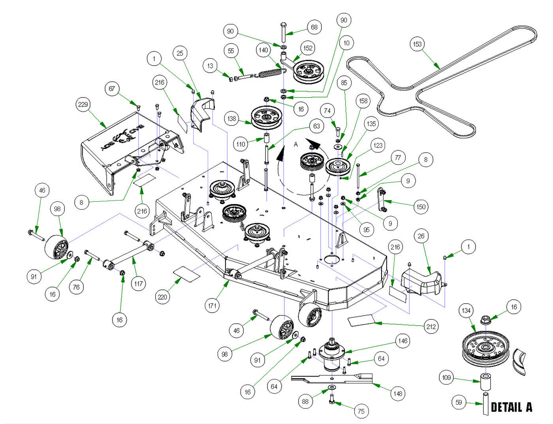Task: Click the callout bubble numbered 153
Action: coord(417,44)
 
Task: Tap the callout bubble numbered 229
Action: coord(83,105)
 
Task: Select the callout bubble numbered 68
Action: coord(314,27)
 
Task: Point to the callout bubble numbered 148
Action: coord(398,393)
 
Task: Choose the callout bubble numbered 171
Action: coord(213,306)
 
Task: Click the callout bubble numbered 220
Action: coord(162,297)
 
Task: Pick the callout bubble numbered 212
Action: coord(431,326)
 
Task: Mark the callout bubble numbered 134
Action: coord(466,311)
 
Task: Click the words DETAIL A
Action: coord(511,407)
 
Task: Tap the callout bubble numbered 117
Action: coord(138,283)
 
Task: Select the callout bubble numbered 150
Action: coord(421,206)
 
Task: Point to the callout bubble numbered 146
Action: coord(403,341)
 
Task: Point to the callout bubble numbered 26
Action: coord(421,236)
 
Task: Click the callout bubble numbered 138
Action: coord(231,118)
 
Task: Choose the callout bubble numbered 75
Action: coord(361,411)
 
